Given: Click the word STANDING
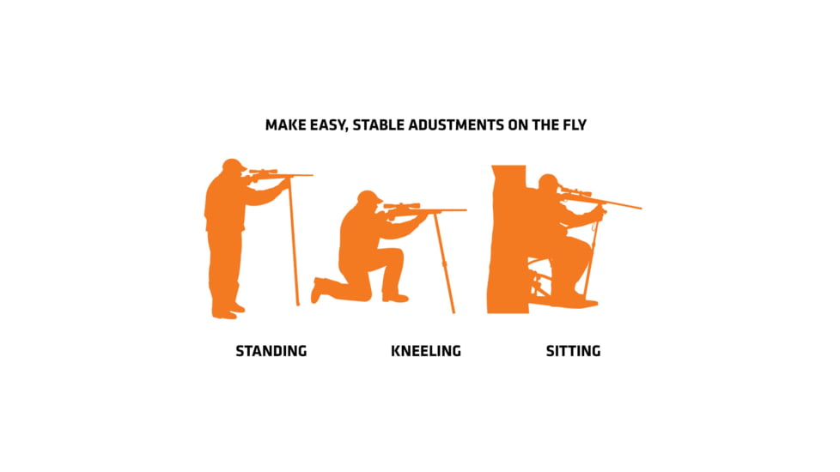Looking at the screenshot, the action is click(271, 351).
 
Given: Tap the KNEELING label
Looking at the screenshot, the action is click(426, 351).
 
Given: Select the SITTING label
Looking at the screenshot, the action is click(573, 351).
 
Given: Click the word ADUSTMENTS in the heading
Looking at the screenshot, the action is click(456, 125).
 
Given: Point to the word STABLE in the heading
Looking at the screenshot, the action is click(379, 125).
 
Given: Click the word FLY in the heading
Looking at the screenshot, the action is click(575, 125).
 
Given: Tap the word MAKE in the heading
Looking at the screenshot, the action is click(285, 125).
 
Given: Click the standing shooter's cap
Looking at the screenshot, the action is click(234, 164).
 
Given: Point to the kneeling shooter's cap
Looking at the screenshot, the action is click(370, 196).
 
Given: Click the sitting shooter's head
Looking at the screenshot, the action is click(548, 183).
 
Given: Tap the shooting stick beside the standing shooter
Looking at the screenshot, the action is click(294, 242).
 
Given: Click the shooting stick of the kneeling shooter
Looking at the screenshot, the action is click(444, 263).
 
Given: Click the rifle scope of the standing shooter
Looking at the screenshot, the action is click(263, 172).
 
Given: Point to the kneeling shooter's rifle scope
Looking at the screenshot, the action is click(401, 205).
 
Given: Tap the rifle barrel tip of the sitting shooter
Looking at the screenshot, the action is click(641, 208).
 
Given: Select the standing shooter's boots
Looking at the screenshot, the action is click(226, 311).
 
